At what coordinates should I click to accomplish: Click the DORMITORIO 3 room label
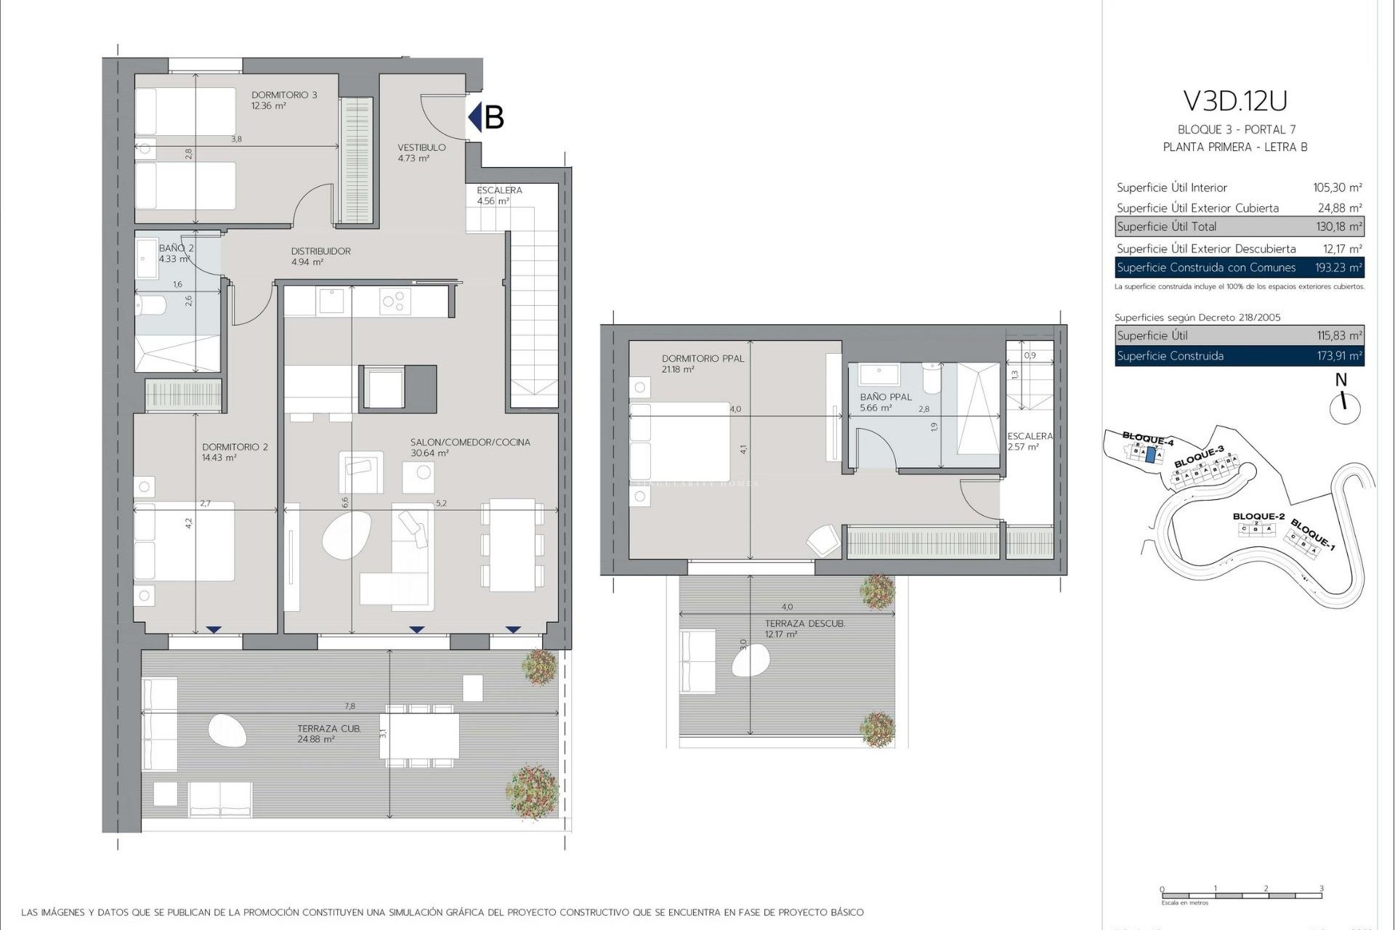pos(284,95)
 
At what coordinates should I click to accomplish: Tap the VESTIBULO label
pos(421,147)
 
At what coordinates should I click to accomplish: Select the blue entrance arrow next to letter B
pos(475,117)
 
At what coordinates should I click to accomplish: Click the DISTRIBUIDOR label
pos(320,251)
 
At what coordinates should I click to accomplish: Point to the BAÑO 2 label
pos(176,248)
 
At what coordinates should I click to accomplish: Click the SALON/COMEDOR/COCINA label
pos(470,442)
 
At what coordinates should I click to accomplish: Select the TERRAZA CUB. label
pos(328,729)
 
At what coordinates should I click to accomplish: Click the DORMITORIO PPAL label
pos(703,359)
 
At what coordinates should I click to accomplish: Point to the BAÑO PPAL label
pos(886,397)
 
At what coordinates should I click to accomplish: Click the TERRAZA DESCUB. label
pos(804,624)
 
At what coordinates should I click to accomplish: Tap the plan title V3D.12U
pos(1234,101)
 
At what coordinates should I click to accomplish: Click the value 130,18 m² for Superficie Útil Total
pos(1339,227)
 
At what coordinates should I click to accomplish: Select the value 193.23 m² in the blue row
pos(1338,267)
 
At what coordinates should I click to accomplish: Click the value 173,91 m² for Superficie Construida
pos(1339,356)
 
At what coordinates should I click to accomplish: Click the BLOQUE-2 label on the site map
pos(1258,517)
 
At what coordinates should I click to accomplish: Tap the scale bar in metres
pos(1241,895)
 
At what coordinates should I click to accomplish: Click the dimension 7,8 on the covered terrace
pos(349,706)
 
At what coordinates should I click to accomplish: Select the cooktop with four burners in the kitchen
pos(395,301)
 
